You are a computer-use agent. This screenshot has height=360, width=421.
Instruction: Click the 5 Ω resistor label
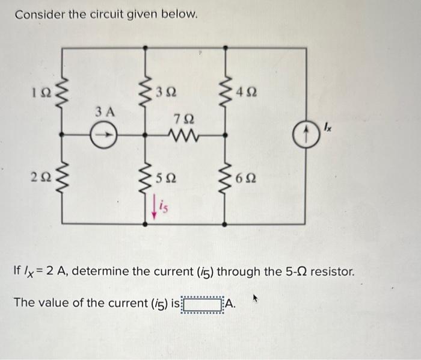pos(165,178)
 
